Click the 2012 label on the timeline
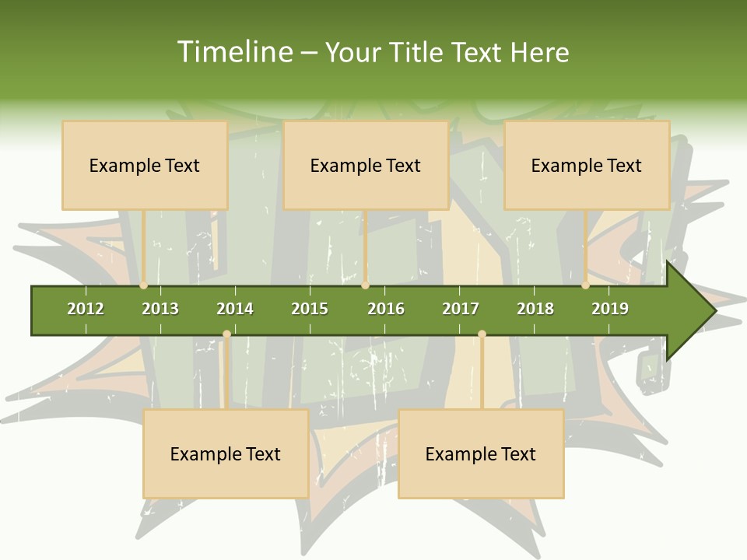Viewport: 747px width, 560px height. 86,309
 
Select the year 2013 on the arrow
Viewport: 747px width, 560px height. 160,309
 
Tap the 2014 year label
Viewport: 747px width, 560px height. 235,309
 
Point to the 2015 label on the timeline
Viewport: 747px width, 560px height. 310,309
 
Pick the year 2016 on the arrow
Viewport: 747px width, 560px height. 386,309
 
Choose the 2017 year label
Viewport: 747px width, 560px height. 461,309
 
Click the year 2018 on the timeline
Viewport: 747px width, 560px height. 535,309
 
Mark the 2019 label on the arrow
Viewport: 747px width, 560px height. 610,309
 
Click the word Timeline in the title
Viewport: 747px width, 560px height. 233,52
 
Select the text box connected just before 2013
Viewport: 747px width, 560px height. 145,165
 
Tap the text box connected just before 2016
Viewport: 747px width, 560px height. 366,165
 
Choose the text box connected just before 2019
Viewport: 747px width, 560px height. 587,165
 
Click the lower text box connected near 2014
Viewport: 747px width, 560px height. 226,453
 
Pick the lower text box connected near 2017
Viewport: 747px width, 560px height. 481,453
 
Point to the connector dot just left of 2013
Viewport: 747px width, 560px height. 144,285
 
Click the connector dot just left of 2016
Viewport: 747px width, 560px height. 365,285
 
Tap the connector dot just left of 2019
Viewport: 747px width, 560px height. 586,285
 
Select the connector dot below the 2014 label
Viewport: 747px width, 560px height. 226,334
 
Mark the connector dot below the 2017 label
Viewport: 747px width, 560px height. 482,334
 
